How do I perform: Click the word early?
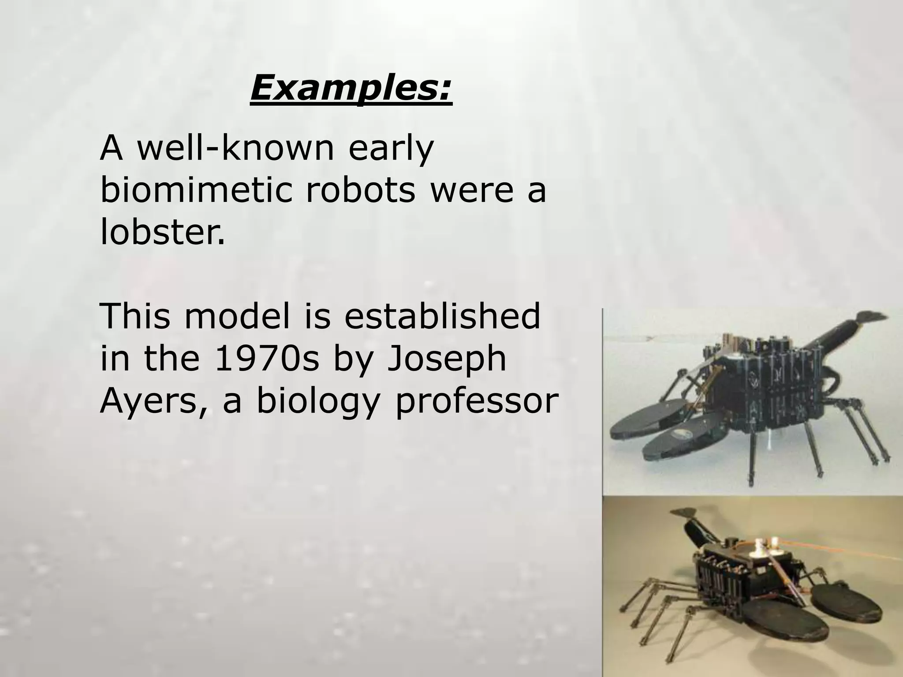coord(391,150)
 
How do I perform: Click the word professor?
coord(476,401)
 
